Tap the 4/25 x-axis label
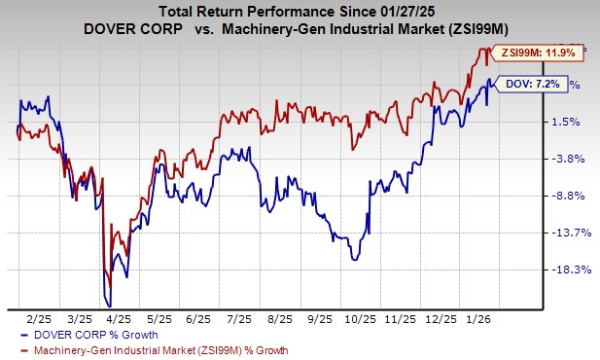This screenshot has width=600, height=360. pyautogui.click(x=119, y=316)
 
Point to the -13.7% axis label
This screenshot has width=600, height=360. pyautogui.click(x=567, y=233)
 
